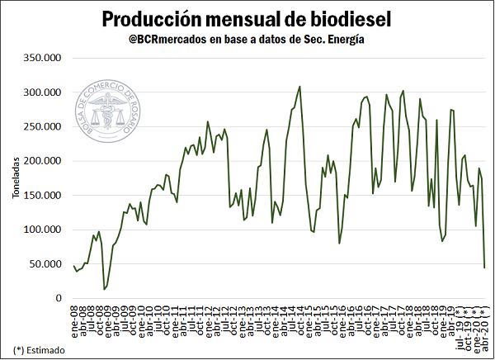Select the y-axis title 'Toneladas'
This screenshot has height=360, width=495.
click(x=18, y=178)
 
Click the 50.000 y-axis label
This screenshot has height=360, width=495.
click(x=45, y=264)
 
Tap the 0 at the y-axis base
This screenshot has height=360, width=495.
click(x=58, y=298)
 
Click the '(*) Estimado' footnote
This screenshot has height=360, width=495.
click(x=37, y=349)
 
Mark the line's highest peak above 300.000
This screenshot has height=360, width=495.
click(x=299, y=86)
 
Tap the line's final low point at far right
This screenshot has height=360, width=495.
click(x=484, y=267)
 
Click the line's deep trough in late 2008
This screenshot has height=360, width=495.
click(x=105, y=288)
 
